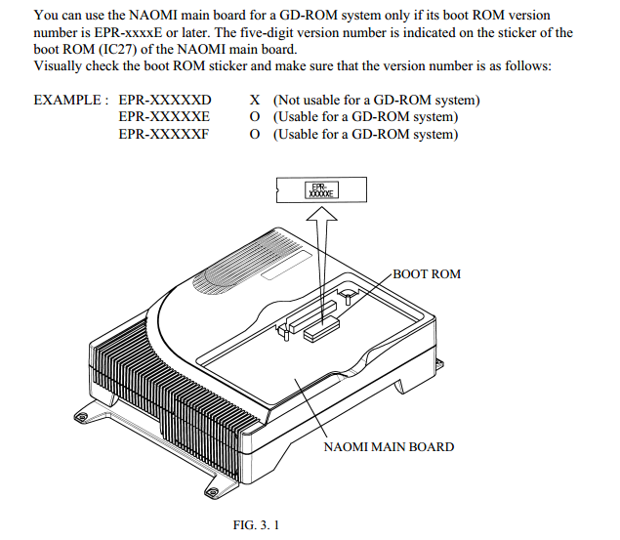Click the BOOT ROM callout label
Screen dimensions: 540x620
[426, 274]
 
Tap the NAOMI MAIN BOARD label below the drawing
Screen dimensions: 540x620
[389, 446]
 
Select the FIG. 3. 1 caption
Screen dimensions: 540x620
[257, 526]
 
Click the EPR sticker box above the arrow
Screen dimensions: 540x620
[322, 191]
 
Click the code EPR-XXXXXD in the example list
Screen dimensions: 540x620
[165, 101]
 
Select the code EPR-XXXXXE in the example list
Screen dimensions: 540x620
[165, 117]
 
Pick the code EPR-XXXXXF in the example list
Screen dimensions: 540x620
[165, 134]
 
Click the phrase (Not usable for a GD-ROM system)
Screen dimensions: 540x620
[376, 101]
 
